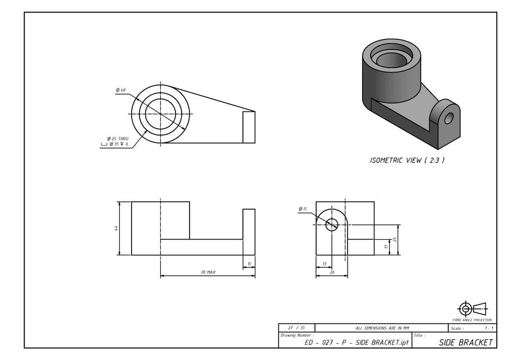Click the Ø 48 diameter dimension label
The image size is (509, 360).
click(121, 90)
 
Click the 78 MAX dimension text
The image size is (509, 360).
click(208, 272)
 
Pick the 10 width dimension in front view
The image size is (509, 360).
click(249, 263)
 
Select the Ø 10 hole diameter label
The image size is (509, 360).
click(303, 209)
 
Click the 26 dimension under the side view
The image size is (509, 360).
click(331, 272)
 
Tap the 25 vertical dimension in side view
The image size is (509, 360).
click(395, 239)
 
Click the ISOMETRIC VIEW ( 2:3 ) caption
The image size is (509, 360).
click(407, 160)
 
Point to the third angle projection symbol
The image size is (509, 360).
click(472, 308)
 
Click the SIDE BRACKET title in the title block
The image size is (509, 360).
click(466, 342)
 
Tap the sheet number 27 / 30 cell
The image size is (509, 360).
click(296, 327)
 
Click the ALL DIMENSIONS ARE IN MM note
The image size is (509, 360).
click(382, 327)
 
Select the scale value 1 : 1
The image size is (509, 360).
click(488, 327)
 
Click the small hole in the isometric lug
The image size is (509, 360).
click(448, 119)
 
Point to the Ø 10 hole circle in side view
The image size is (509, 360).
click(332, 224)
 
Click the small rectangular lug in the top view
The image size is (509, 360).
click(249, 127)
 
